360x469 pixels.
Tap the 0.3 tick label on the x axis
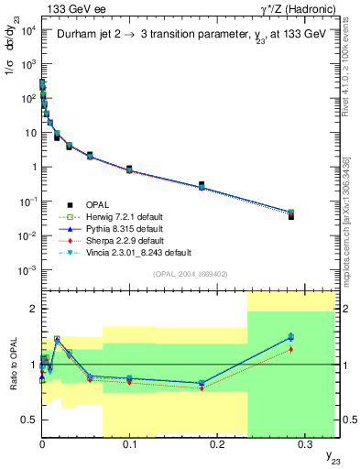(x=304, y=443)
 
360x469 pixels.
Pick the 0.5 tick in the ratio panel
(x=30, y=420)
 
